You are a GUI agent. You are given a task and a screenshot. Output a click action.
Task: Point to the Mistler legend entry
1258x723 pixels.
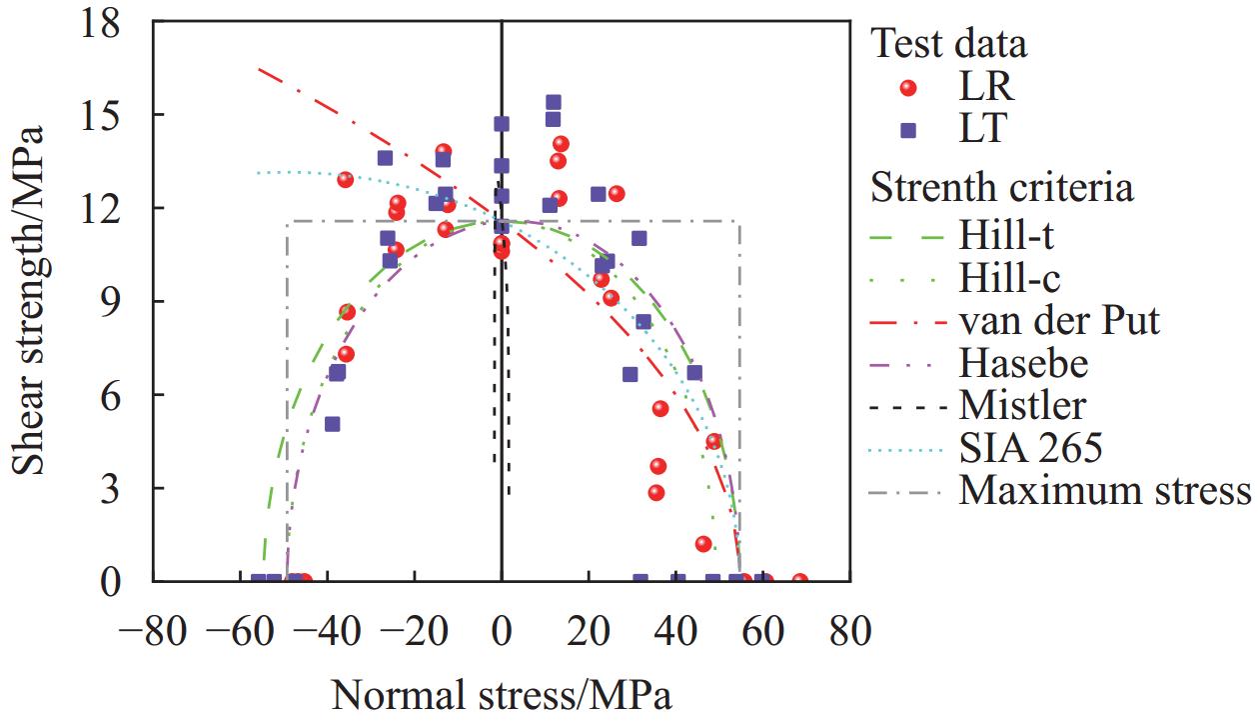tap(1022, 406)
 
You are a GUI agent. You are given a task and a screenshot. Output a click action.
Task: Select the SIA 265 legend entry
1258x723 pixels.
tap(1030, 448)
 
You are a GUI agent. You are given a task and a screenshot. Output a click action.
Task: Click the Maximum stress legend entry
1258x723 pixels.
tap(1105, 491)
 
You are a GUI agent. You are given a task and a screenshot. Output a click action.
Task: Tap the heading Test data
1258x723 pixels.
tap(949, 44)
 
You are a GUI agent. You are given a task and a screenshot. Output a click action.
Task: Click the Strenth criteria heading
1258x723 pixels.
tap(1002, 187)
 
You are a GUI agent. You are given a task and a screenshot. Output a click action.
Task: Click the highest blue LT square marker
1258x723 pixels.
tap(553, 102)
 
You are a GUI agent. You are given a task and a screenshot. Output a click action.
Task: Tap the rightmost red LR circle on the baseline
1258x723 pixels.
tap(799, 581)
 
